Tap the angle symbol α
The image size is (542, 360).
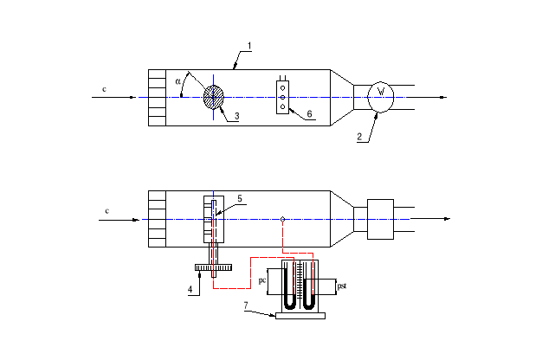178,81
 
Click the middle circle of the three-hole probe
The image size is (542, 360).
282,97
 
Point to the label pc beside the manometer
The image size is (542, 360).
262,281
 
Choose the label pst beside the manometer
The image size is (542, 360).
342,284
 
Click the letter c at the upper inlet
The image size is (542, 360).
105,89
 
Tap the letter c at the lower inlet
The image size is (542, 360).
106,210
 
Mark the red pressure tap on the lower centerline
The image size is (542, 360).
283,219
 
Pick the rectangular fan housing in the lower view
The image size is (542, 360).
380,219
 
